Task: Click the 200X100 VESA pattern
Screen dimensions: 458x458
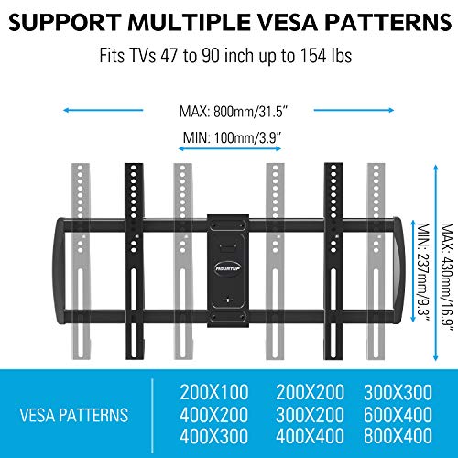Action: pyautogui.click(x=214, y=392)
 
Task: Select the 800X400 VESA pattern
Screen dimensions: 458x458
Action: pyautogui.click(x=398, y=435)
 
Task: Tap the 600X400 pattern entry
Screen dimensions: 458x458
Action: pyautogui.click(x=398, y=414)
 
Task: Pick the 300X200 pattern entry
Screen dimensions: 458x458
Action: pyautogui.click(x=310, y=414)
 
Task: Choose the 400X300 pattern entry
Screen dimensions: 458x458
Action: pyautogui.click(x=214, y=435)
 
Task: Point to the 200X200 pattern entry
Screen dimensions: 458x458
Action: pyautogui.click(x=310, y=392)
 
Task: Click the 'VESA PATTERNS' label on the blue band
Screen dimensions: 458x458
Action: pyautogui.click(x=74, y=415)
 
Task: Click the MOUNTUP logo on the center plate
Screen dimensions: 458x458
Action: pyautogui.click(x=228, y=268)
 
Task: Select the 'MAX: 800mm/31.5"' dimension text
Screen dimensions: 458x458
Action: pyautogui.click(x=234, y=112)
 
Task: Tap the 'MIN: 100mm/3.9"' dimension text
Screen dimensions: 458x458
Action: pyautogui.click(x=232, y=137)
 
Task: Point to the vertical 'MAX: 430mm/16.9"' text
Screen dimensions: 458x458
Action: pyautogui.click(x=447, y=278)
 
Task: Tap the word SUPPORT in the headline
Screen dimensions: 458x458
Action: pyautogui.click(x=64, y=23)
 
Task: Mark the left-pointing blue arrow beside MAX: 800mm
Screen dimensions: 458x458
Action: pyautogui.click(x=103, y=110)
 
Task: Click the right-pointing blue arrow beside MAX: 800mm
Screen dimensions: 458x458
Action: pyautogui.click(x=354, y=110)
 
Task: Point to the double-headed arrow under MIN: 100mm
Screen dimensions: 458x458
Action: pyautogui.click(x=230, y=148)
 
